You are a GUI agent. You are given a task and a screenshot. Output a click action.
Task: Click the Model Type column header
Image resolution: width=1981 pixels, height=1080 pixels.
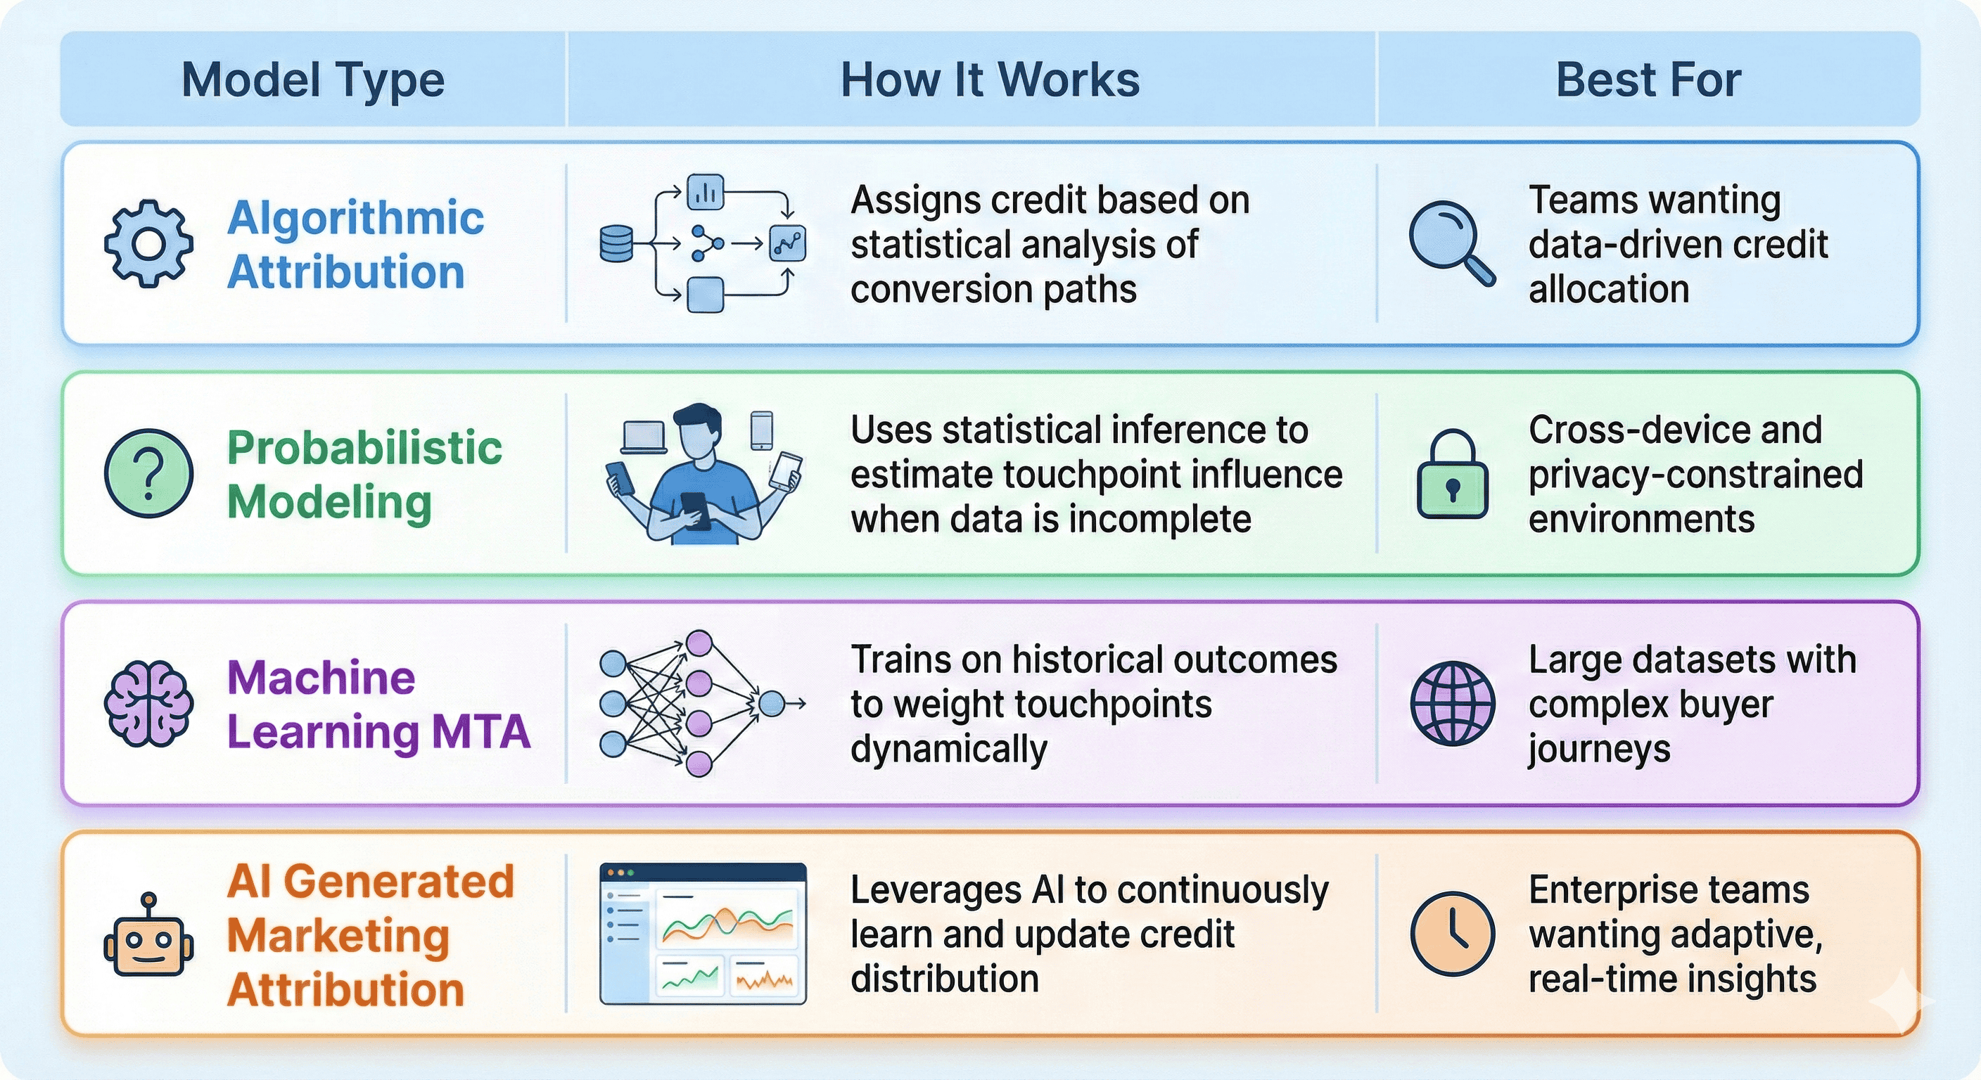(313, 80)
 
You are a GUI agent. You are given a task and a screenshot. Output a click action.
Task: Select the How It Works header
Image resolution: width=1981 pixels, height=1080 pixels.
(990, 80)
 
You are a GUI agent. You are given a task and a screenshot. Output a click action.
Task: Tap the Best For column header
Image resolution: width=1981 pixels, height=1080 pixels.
(1648, 80)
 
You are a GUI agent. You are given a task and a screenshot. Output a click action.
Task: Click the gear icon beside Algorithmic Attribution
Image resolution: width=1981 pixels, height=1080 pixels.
(148, 244)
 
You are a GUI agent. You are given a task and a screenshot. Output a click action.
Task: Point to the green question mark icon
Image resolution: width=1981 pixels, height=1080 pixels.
(148, 472)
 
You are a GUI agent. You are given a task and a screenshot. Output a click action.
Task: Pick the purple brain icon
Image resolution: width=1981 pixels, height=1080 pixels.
(148, 702)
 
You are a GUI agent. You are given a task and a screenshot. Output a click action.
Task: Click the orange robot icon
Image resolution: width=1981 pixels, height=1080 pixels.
(148, 938)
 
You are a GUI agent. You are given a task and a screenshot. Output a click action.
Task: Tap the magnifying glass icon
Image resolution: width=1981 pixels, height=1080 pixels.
(1451, 242)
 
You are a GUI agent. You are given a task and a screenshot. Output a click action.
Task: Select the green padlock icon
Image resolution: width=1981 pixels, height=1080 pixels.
(1452, 475)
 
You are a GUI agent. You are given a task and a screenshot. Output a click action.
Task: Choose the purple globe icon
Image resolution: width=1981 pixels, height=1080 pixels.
(1452, 702)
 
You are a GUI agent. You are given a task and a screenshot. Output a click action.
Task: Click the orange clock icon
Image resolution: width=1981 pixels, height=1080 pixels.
(1452, 933)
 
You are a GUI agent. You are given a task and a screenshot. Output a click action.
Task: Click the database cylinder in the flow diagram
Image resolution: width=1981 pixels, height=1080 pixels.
(616, 244)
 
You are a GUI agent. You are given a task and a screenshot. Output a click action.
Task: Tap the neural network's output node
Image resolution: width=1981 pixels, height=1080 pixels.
(771, 702)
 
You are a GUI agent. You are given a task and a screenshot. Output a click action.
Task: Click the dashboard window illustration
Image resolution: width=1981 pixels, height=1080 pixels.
(703, 933)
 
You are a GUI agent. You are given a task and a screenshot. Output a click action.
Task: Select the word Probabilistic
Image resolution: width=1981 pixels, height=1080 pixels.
(364, 447)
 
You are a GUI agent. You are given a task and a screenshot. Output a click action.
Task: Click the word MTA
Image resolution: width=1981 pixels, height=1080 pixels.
(480, 731)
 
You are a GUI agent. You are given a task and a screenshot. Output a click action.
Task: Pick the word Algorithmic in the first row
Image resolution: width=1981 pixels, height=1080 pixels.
(355, 217)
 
